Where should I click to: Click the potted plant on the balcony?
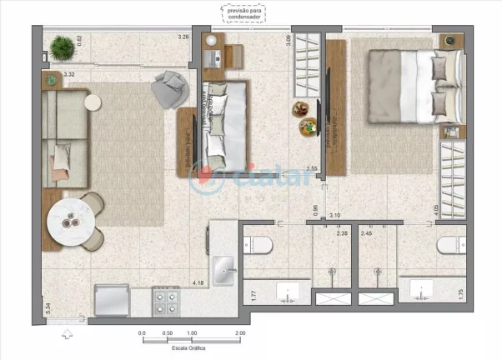coord(61,49)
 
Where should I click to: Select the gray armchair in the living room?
coord(170,86)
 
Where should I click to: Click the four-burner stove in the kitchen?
coord(166,300)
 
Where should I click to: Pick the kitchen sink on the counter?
coord(224,270)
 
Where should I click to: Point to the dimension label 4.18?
coord(198,284)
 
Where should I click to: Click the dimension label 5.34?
coord(48,309)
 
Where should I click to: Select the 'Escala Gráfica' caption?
coord(191,348)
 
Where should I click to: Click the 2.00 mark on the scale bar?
coord(240,332)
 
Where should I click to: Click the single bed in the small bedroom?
coord(225,124)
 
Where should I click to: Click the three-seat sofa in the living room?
coord(64,137)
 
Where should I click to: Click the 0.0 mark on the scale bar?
coord(143,332)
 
